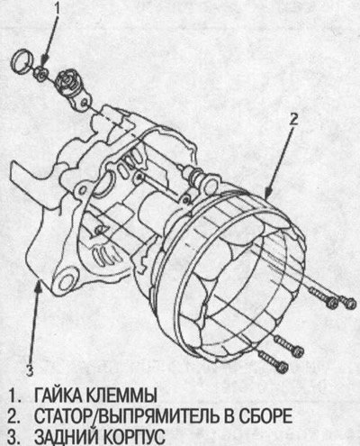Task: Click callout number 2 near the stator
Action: tap(293, 120)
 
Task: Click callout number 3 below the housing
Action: tap(29, 370)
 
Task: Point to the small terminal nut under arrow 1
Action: tap(40, 73)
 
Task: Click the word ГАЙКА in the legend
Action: tap(58, 396)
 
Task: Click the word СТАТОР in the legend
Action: tap(64, 416)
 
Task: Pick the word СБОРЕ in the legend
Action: tap(265, 416)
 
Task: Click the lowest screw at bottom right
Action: tap(273, 361)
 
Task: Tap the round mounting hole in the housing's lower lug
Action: tap(67, 281)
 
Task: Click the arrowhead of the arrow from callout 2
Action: tap(268, 193)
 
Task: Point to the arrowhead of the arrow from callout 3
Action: tap(39, 286)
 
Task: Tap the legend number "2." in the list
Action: tap(13, 416)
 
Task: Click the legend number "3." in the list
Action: tap(13, 436)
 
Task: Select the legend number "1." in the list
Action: tap(13, 396)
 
